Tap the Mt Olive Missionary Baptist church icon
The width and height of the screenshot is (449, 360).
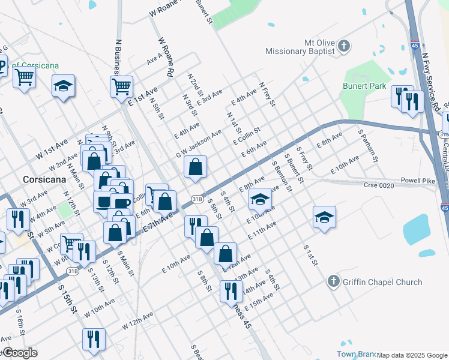coord(344,46)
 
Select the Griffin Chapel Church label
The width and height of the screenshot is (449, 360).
coord(382,281)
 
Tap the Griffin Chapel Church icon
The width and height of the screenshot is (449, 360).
coord(334,281)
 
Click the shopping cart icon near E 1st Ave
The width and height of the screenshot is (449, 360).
coord(121,86)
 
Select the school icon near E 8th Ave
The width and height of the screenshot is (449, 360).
coord(260,198)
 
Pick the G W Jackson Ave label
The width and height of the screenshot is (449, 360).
coord(199,145)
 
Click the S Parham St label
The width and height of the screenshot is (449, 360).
coord(367,145)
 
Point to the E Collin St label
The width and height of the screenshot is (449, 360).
coord(247,135)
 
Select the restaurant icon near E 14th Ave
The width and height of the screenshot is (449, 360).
coord(231,291)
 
